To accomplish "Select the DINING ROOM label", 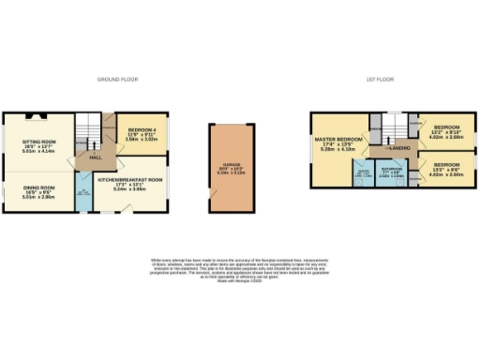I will click(39, 187).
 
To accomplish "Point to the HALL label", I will click(96, 157).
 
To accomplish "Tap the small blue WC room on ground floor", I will click(82, 195).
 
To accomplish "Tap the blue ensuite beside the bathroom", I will click(363, 172).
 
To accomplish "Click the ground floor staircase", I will click(88, 127).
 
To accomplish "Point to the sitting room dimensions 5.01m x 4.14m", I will click(39, 151).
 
